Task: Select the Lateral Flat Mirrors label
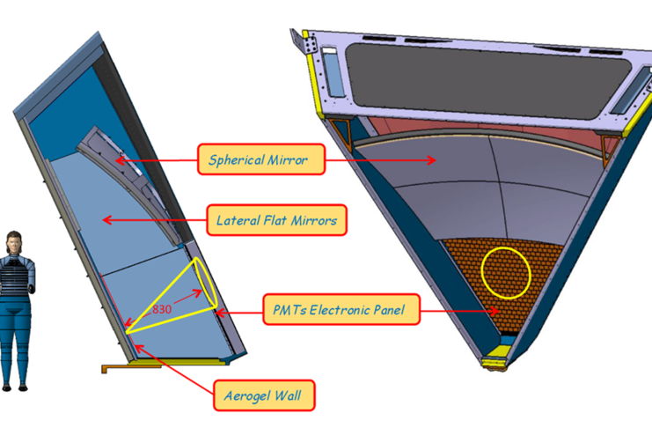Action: (276, 220)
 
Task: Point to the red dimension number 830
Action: (162, 310)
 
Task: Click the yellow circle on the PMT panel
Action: (506, 271)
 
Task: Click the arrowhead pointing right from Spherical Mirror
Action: (432, 160)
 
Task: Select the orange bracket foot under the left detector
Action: (114, 366)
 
